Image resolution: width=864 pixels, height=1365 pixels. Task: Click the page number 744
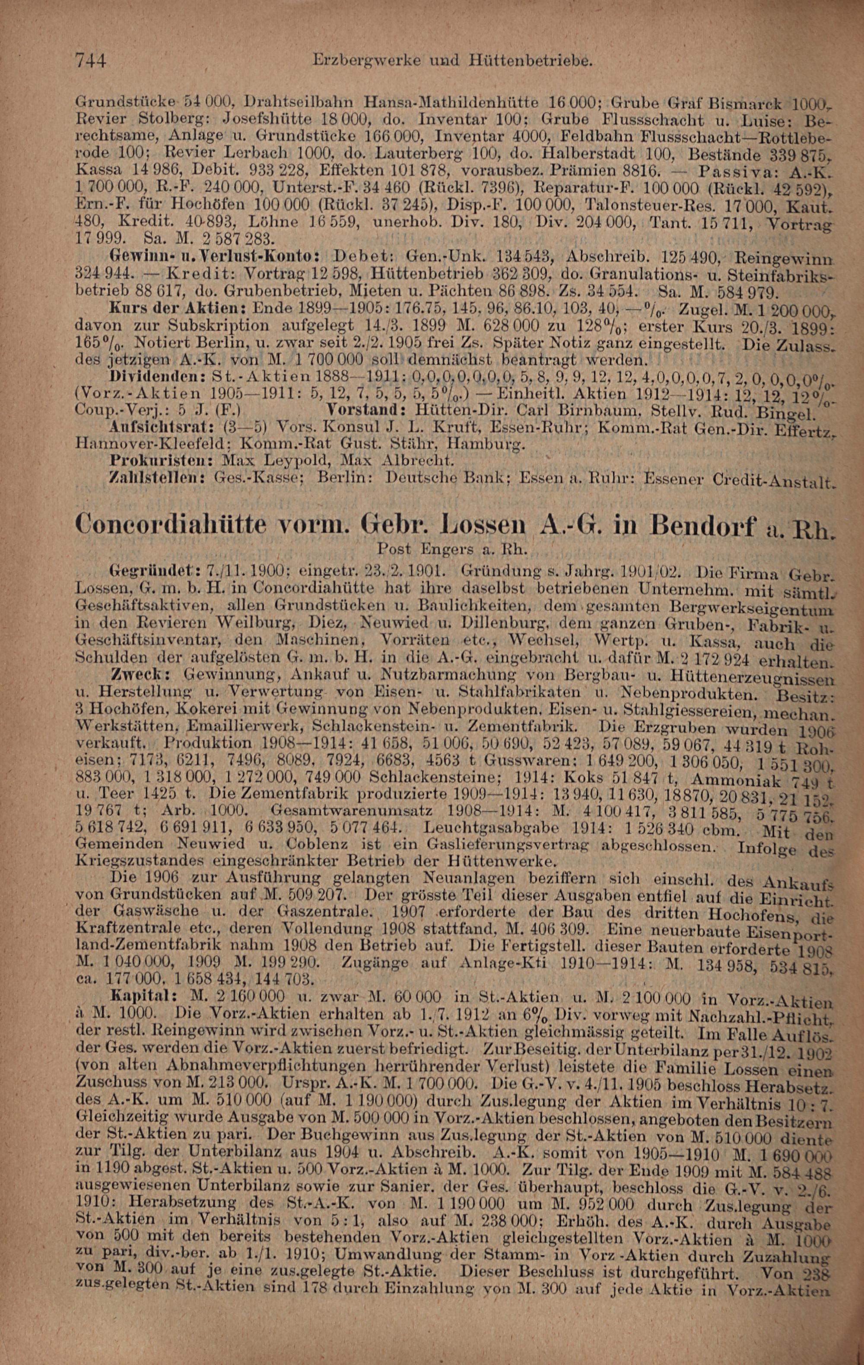(x=91, y=60)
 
